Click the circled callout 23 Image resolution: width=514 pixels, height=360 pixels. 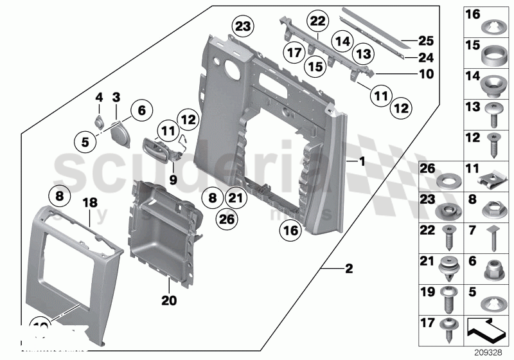244,26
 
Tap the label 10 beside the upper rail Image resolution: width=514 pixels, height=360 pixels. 426,75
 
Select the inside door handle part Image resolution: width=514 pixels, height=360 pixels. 159,147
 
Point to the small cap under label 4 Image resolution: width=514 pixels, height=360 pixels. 99,121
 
